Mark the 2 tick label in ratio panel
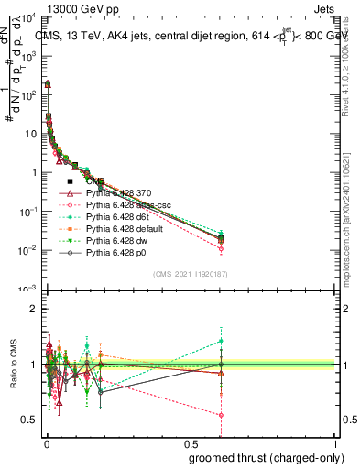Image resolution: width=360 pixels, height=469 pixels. click(33, 309)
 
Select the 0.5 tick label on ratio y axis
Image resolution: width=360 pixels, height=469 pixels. click(29, 420)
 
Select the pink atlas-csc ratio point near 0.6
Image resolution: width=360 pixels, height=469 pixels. click(221, 414)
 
